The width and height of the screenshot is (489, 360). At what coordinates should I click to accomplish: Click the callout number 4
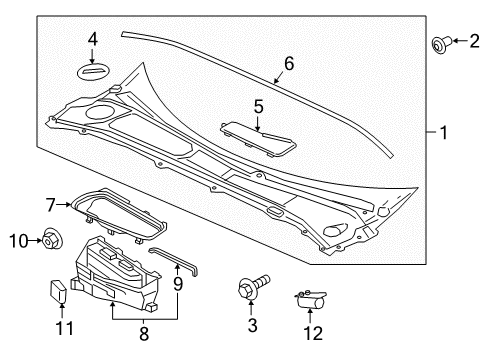(93, 40)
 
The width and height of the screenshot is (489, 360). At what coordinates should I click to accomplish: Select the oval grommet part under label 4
(94, 72)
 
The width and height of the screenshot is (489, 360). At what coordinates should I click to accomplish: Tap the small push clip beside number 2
(441, 43)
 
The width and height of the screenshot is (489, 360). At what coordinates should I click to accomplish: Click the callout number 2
(474, 41)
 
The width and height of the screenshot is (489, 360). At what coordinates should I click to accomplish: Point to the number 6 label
(289, 64)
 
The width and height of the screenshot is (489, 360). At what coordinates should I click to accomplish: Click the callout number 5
(259, 107)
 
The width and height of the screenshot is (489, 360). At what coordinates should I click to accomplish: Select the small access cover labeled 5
(258, 139)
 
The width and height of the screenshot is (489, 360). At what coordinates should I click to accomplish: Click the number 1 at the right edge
(443, 133)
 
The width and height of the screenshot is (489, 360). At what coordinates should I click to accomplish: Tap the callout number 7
(50, 205)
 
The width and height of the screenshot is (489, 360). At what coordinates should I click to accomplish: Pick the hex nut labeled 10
(53, 239)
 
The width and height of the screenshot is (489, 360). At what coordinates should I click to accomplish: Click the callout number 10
(19, 241)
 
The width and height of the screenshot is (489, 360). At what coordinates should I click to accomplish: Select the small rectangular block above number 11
(58, 291)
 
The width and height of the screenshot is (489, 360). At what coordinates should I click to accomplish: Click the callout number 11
(64, 328)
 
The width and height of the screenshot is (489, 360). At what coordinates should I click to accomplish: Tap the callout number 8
(144, 334)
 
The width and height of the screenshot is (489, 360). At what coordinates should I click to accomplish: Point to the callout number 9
(178, 284)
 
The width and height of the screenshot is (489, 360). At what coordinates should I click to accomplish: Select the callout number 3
(253, 325)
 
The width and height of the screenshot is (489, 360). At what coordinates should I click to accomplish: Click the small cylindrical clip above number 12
(310, 299)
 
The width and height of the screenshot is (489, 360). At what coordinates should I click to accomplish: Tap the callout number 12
(313, 333)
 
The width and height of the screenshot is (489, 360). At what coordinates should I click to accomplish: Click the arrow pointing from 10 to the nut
(35, 240)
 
